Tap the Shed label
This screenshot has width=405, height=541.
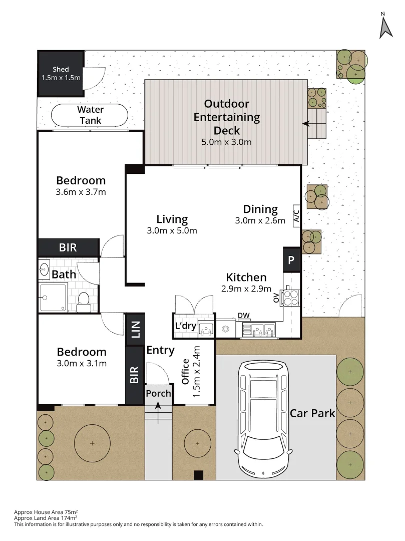pyautogui.click(x=61, y=69)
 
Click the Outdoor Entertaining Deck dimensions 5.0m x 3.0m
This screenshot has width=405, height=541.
pyautogui.click(x=226, y=142)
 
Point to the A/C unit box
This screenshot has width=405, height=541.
pyautogui.click(x=296, y=216)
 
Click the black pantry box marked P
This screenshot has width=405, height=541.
pyautogui.click(x=291, y=259)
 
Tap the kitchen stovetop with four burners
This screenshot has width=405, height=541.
pyautogui.click(x=290, y=298)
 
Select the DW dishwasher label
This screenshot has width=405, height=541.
pyautogui.click(x=244, y=316)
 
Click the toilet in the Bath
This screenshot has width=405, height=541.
pyautogui.click(x=84, y=303)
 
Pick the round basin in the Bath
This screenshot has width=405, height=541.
pyautogui.click(x=44, y=269)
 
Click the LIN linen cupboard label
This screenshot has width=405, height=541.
pyautogui.click(x=136, y=329)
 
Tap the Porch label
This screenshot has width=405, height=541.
pyautogui.click(x=158, y=393)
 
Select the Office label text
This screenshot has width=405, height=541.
pyautogui.click(x=185, y=372)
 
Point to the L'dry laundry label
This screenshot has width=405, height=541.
pyautogui.click(x=185, y=326)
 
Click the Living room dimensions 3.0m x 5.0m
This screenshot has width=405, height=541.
pyautogui.click(x=172, y=230)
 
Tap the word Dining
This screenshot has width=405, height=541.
pyautogui.click(x=260, y=209)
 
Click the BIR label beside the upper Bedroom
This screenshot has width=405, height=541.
pyautogui.click(x=68, y=247)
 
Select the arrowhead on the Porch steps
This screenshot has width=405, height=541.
pyautogui.click(x=158, y=406)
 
